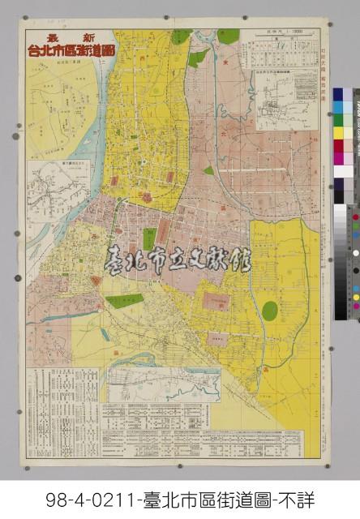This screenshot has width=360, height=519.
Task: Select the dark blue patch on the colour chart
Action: pos(337,95)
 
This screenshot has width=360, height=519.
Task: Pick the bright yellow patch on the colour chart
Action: pos(337,133)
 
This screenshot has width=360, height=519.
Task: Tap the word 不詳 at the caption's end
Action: pos(297,500)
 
